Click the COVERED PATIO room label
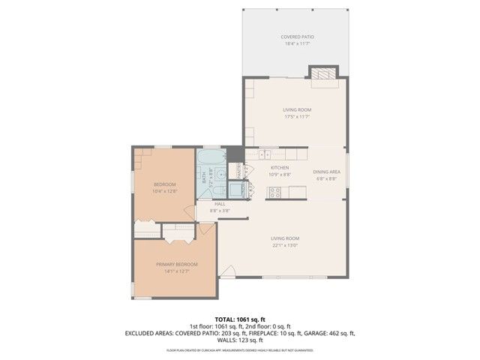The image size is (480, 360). [296, 37]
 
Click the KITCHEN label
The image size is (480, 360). [279, 168]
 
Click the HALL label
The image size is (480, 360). [220, 204]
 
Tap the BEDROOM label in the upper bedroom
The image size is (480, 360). [165, 184]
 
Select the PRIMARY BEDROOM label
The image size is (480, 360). [177, 265]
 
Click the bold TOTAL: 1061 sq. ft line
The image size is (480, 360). [240, 319]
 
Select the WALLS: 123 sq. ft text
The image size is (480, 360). [240, 340]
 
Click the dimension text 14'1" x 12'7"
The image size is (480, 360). [177, 271]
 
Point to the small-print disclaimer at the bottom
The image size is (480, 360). [240, 350]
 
